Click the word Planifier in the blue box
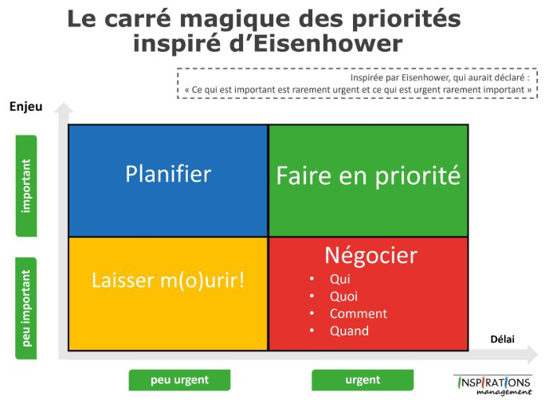168,174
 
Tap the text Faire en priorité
368,176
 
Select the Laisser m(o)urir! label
168,280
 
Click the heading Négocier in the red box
371,257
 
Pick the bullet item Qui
340,279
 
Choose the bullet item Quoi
343,296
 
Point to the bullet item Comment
359,313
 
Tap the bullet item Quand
349,331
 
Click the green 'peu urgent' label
179,380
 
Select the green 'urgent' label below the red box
363,380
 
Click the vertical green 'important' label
26,186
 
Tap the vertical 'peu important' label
26,308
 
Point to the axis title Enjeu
26,107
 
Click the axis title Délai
502,339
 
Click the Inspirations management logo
493,385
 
